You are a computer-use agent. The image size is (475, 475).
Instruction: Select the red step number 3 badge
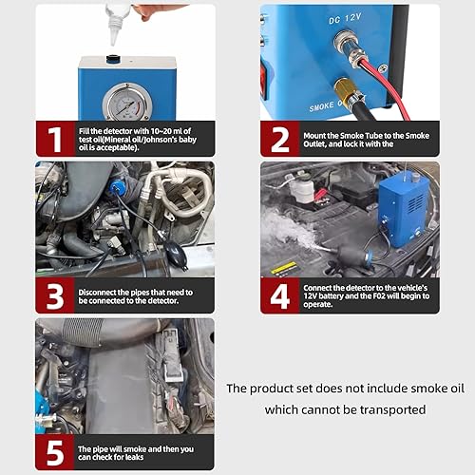(54, 295)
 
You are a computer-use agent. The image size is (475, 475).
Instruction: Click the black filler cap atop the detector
(113, 60)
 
